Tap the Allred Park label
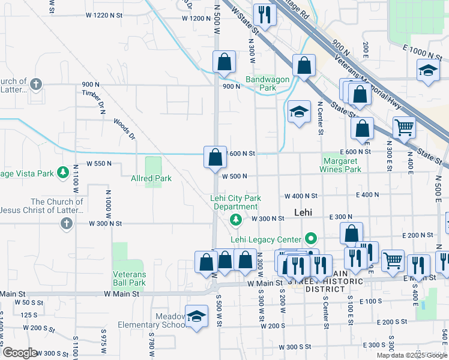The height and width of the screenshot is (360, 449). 151,178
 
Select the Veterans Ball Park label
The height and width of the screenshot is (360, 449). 129,279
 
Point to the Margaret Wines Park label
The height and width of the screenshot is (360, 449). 342,165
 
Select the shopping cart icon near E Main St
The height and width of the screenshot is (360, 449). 393,260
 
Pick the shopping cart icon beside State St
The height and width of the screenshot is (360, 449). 404,127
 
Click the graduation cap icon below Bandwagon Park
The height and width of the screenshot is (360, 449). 299,112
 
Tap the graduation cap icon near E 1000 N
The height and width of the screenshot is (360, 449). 429,71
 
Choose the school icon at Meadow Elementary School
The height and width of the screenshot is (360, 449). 196,316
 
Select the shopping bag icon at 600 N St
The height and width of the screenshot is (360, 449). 215,157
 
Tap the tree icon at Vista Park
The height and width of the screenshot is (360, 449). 62,173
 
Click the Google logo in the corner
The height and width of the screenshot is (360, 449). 20,353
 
